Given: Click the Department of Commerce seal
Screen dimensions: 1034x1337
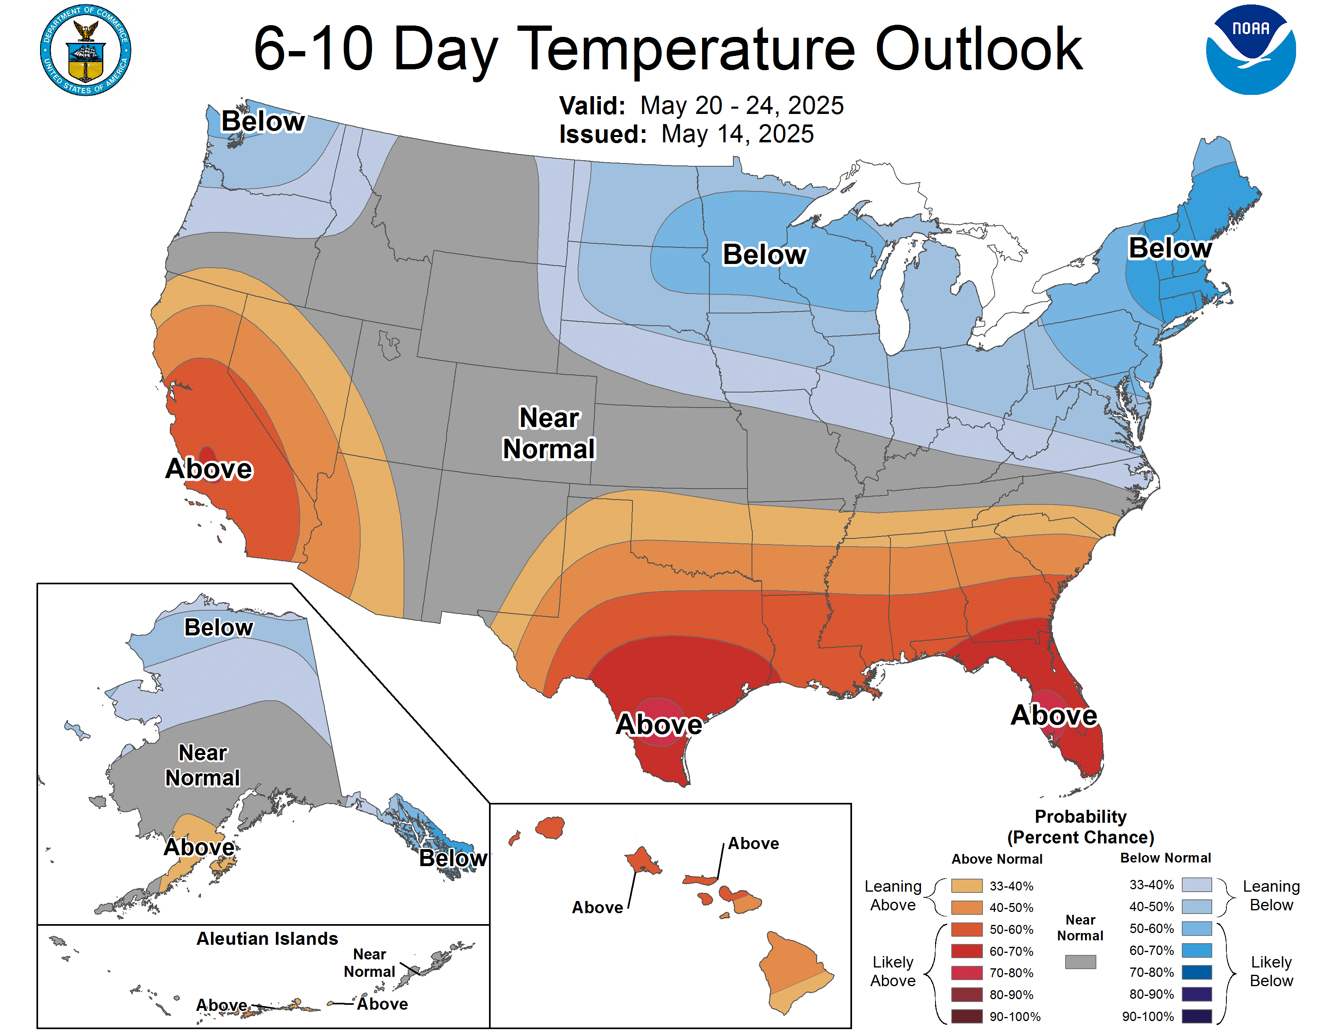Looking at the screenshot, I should click(x=86, y=50).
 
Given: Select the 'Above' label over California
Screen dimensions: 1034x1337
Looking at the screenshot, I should click(x=209, y=469).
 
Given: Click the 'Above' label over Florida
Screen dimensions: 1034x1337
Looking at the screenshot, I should click(x=1053, y=715).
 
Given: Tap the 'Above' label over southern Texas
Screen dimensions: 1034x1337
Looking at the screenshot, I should click(x=659, y=725).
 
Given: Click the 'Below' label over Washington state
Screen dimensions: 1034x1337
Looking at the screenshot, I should click(x=263, y=121).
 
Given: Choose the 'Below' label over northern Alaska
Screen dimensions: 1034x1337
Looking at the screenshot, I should click(x=218, y=628).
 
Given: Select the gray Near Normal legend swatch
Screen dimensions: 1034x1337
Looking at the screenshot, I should click(x=1080, y=962).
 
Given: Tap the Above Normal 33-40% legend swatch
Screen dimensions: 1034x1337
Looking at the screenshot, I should click(x=967, y=886).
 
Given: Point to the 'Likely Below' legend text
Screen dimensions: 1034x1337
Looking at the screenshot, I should click(x=1271, y=972).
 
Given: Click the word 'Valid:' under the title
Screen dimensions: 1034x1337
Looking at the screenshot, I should click(x=592, y=106).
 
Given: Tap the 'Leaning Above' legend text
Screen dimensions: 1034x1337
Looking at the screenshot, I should click(x=893, y=896).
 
